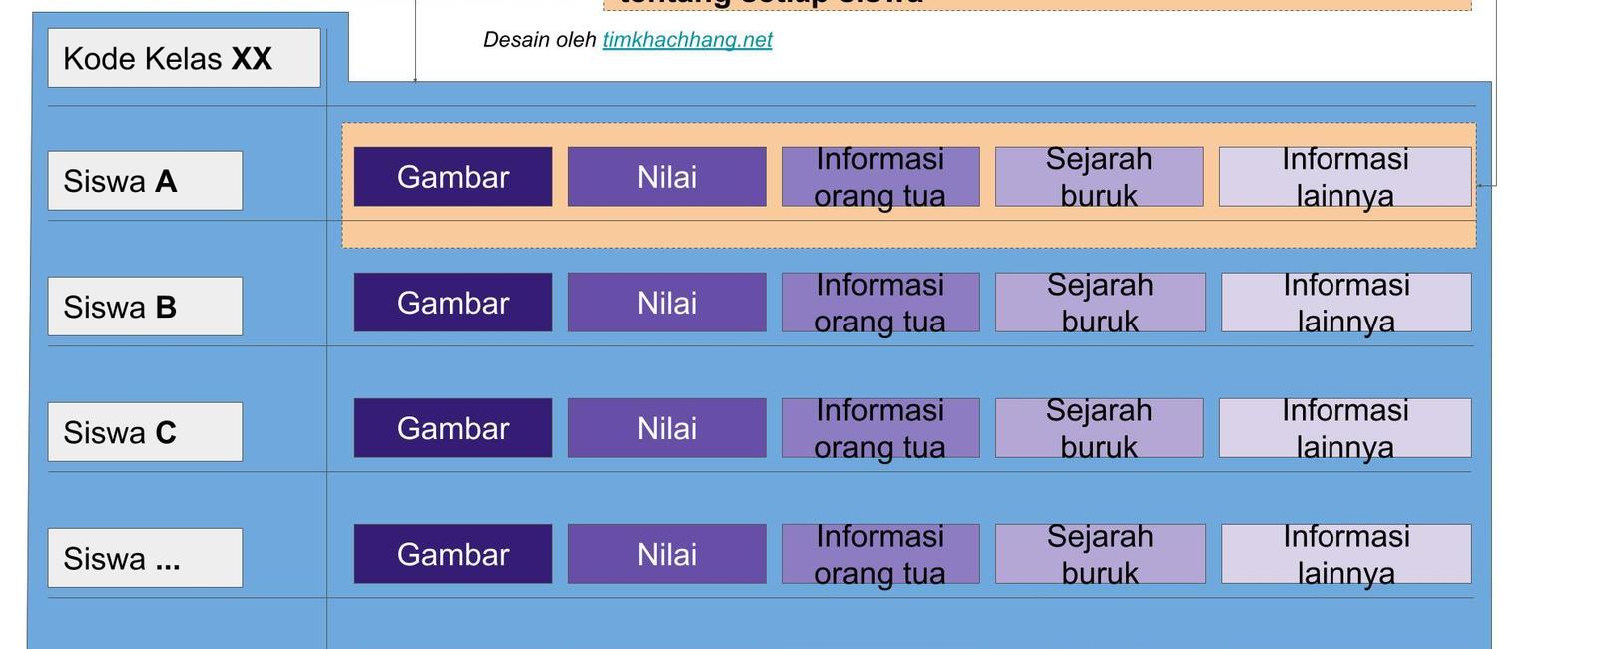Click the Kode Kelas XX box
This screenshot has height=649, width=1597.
tap(184, 58)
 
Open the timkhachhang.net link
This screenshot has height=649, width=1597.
tap(687, 40)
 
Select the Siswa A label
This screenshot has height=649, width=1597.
tap(145, 181)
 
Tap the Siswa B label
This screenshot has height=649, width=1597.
tap(145, 307)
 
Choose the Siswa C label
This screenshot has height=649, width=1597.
tap(145, 432)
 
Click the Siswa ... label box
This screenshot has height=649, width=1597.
tap(145, 558)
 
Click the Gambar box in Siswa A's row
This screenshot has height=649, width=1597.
tap(452, 177)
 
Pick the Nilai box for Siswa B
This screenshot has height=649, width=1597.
tap(667, 303)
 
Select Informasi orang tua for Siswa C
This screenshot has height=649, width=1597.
tap(879, 428)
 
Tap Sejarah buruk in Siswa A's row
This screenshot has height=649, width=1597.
tap(1098, 177)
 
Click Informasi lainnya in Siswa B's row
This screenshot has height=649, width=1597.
tap(1345, 303)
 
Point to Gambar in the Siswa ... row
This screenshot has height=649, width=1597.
tap(452, 554)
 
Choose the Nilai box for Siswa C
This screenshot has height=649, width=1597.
tap(667, 428)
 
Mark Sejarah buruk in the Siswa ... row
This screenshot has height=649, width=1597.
tap(1099, 554)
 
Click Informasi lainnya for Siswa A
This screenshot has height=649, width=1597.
tap(1344, 177)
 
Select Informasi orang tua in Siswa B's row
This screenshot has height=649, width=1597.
tap(879, 303)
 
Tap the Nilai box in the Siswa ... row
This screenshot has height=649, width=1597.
tap(667, 554)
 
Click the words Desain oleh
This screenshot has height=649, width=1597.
tap(539, 40)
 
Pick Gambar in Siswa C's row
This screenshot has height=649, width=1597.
tap(452, 428)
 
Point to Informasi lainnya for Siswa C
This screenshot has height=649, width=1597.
tap(1344, 428)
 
